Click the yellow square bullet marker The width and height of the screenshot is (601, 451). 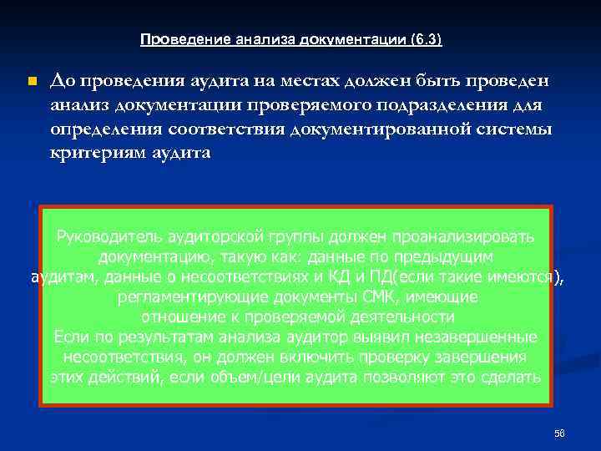point(32,81)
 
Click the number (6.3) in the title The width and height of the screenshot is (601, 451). point(427,39)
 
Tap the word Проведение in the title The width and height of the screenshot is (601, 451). point(172,39)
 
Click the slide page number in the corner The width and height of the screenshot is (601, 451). point(559,433)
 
